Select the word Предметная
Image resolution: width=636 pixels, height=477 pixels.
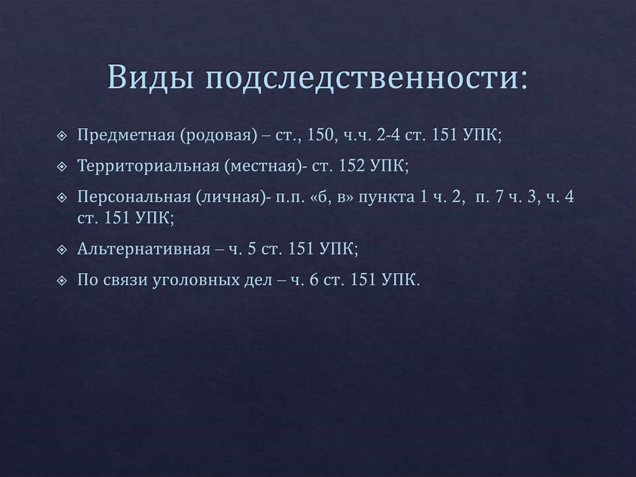(x=125, y=136)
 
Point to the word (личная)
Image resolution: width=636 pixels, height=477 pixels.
(x=230, y=197)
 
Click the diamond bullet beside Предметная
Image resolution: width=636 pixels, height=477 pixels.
(x=61, y=136)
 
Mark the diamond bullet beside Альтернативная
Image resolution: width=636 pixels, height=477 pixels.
(x=61, y=249)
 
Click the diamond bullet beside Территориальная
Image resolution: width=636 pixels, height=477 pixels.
(x=61, y=167)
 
